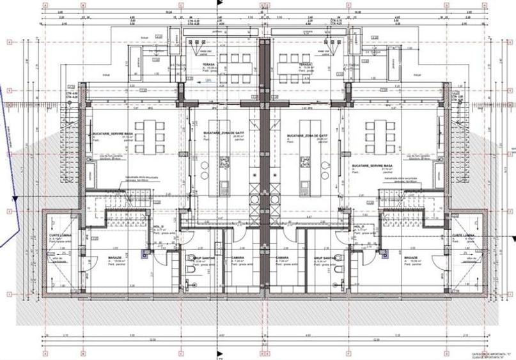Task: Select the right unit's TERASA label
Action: tap(304, 65)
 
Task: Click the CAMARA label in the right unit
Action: tap(283, 258)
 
